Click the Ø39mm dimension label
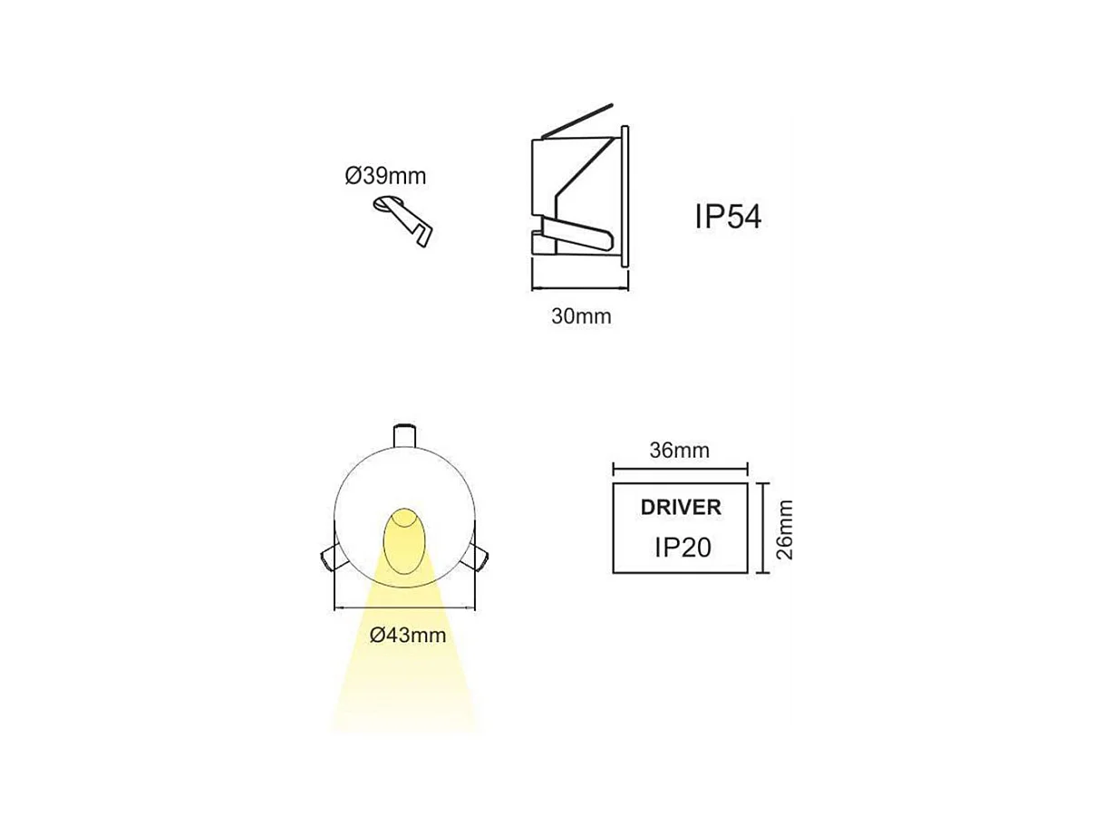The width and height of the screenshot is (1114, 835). pos(384,176)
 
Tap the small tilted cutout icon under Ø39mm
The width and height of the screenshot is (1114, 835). pos(403,218)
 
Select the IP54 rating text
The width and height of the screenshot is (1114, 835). pos(728,218)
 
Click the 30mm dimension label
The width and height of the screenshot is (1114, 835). pos(581,316)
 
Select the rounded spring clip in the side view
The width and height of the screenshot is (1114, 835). pos(580,238)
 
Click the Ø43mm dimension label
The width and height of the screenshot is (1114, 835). pos(408,636)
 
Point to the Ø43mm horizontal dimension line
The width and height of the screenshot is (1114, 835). pos(405,607)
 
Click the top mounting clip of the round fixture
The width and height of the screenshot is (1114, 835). pos(404,434)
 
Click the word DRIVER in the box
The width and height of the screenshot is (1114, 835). pos(681,508)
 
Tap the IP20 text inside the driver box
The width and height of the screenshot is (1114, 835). pos(681,547)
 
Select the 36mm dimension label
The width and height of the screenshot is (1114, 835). pos(680,451)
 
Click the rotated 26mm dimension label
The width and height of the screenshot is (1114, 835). pos(785,529)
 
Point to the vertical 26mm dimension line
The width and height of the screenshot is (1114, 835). pos(766,529)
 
